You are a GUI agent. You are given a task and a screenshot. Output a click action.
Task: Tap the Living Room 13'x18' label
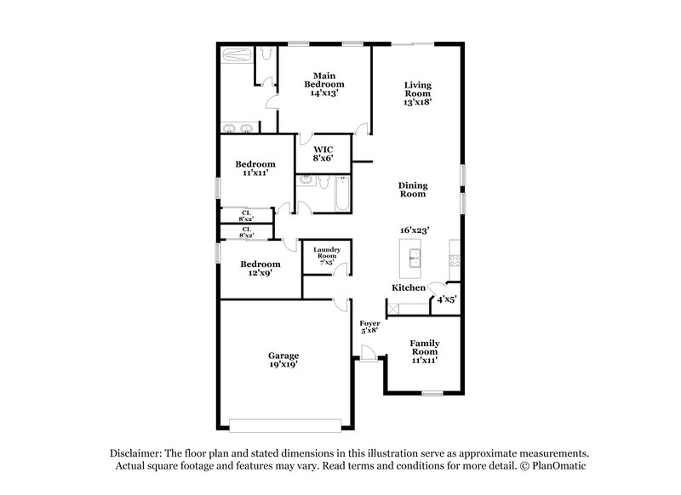[418, 93]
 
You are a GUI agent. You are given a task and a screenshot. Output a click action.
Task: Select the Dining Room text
[414, 190]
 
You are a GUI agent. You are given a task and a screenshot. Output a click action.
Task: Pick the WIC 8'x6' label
[323, 153]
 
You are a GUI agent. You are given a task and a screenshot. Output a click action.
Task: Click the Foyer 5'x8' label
[369, 327]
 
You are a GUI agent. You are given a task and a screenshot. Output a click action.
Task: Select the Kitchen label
[409, 288]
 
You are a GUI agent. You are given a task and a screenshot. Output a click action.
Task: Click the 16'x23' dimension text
[414, 230]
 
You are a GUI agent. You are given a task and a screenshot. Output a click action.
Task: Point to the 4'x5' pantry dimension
[447, 299]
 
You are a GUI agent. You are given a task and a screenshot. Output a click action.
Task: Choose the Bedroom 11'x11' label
[255, 168]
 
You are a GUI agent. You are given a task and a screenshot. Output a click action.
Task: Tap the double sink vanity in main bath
[238, 129]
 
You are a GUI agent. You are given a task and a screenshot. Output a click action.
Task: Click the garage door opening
[289, 422]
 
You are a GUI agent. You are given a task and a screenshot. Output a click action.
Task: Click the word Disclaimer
[135, 453]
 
